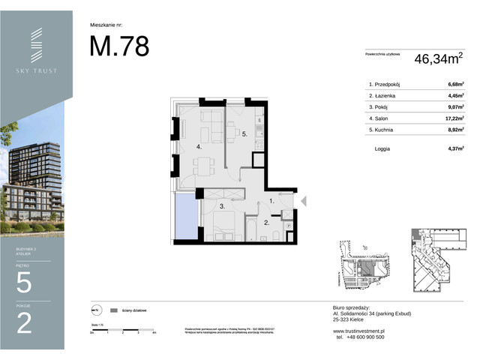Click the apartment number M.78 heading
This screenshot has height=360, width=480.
click(x=119, y=46)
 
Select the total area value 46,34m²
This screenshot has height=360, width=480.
click(x=439, y=56)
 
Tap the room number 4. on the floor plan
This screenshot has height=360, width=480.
click(x=199, y=147)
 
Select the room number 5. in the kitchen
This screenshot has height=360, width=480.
click(x=244, y=134)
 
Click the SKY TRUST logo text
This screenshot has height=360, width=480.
click(x=36, y=70)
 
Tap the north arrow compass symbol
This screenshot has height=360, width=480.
click(x=95, y=309)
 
